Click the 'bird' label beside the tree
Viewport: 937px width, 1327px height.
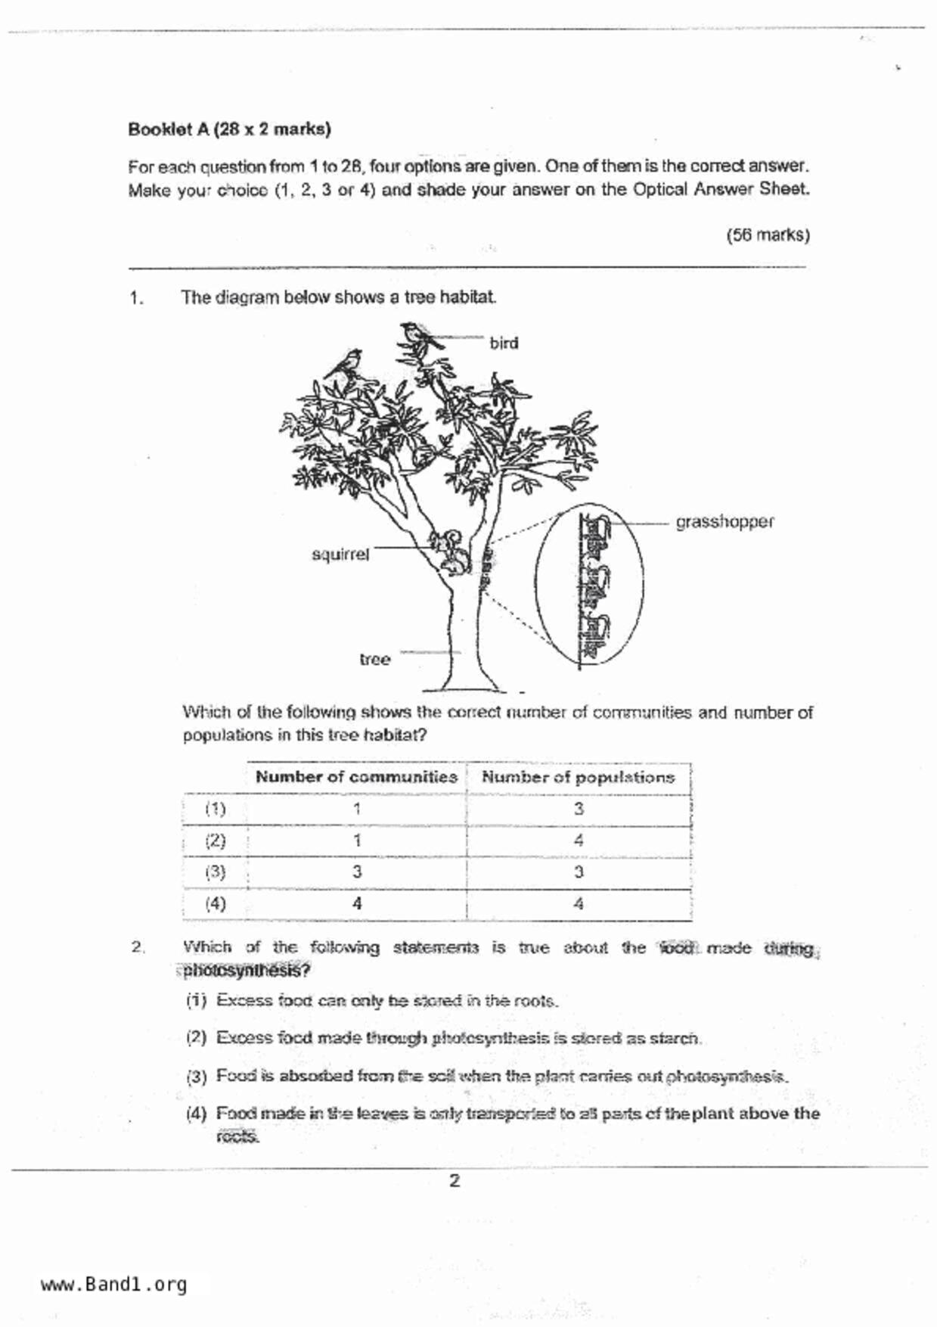(504, 343)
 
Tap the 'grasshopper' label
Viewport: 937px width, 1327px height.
(724, 522)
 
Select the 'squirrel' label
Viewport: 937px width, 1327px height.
(340, 555)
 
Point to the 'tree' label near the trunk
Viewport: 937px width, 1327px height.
(375, 660)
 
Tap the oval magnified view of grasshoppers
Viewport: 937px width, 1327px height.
(590, 588)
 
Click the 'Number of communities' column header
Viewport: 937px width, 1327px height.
(356, 777)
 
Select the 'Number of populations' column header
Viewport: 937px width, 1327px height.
(578, 777)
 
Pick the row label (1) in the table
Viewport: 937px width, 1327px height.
(216, 809)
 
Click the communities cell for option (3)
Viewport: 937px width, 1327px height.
(356, 872)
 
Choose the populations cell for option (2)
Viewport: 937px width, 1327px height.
(578, 841)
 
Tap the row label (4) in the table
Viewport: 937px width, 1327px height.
(216, 903)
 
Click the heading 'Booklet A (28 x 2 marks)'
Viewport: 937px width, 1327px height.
(229, 129)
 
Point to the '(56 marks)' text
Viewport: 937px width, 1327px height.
(768, 235)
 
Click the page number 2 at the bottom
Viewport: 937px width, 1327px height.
(454, 1181)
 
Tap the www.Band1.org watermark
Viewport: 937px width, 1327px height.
(113, 1284)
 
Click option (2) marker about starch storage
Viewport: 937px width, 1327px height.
(196, 1038)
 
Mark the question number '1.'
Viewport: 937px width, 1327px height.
(136, 298)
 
